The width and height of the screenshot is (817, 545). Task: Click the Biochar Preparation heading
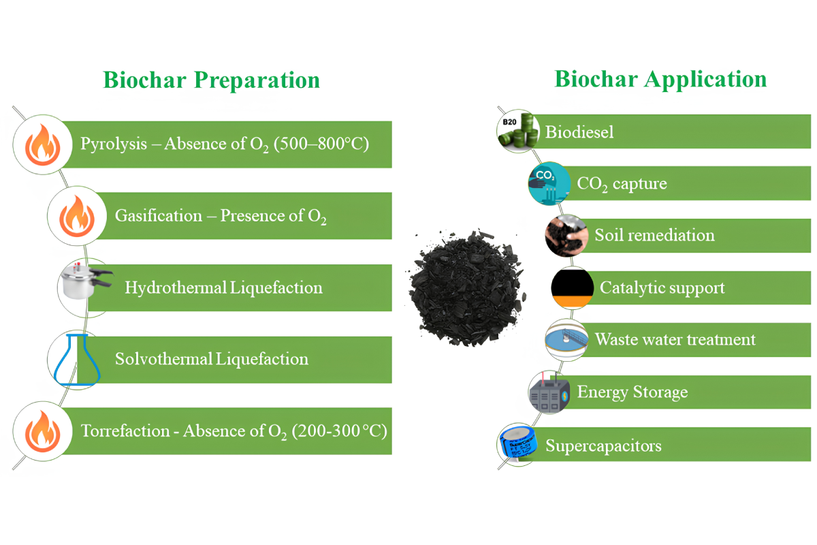click(x=211, y=80)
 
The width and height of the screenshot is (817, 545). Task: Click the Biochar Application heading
click(x=660, y=78)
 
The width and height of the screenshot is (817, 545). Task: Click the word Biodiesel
click(x=579, y=131)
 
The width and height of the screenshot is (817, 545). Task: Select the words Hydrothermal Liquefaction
click(x=223, y=287)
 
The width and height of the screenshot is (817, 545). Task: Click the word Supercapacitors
click(x=603, y=446)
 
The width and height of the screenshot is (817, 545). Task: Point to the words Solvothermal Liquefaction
click(x=212, y=359)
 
